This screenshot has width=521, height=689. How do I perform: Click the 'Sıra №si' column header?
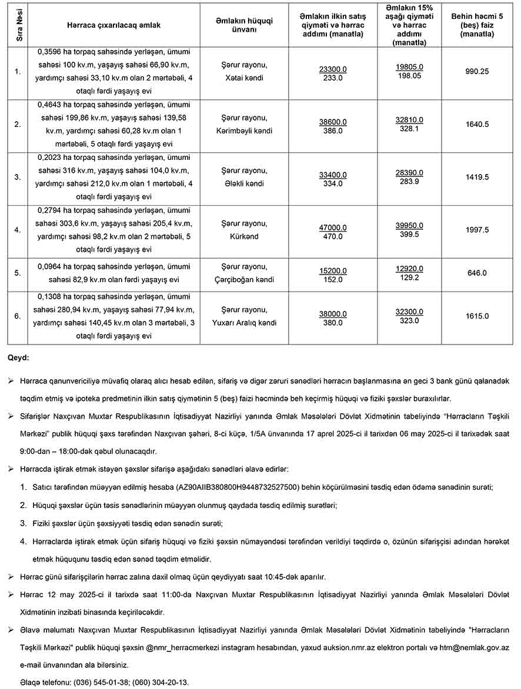point(18,26)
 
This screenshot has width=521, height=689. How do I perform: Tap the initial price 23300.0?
point(333,69)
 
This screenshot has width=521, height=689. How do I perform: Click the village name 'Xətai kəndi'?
point(243,78)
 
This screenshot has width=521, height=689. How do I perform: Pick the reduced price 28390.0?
point(409,173)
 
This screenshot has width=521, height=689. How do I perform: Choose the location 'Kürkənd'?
point(243,236)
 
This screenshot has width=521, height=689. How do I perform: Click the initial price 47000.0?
point(333,228)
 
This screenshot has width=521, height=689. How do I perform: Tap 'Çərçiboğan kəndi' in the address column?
point(243,280)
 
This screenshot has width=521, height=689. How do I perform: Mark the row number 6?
point(18,316)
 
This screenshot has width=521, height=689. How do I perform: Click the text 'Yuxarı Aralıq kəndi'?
point(243,323)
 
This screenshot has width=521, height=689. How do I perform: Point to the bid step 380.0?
point(333,323)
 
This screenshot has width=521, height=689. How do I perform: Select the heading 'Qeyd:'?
point(18,357)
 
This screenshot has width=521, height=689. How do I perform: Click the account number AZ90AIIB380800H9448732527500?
point(238,487)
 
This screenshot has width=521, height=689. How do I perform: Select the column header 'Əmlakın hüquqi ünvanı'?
point(243,26)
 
